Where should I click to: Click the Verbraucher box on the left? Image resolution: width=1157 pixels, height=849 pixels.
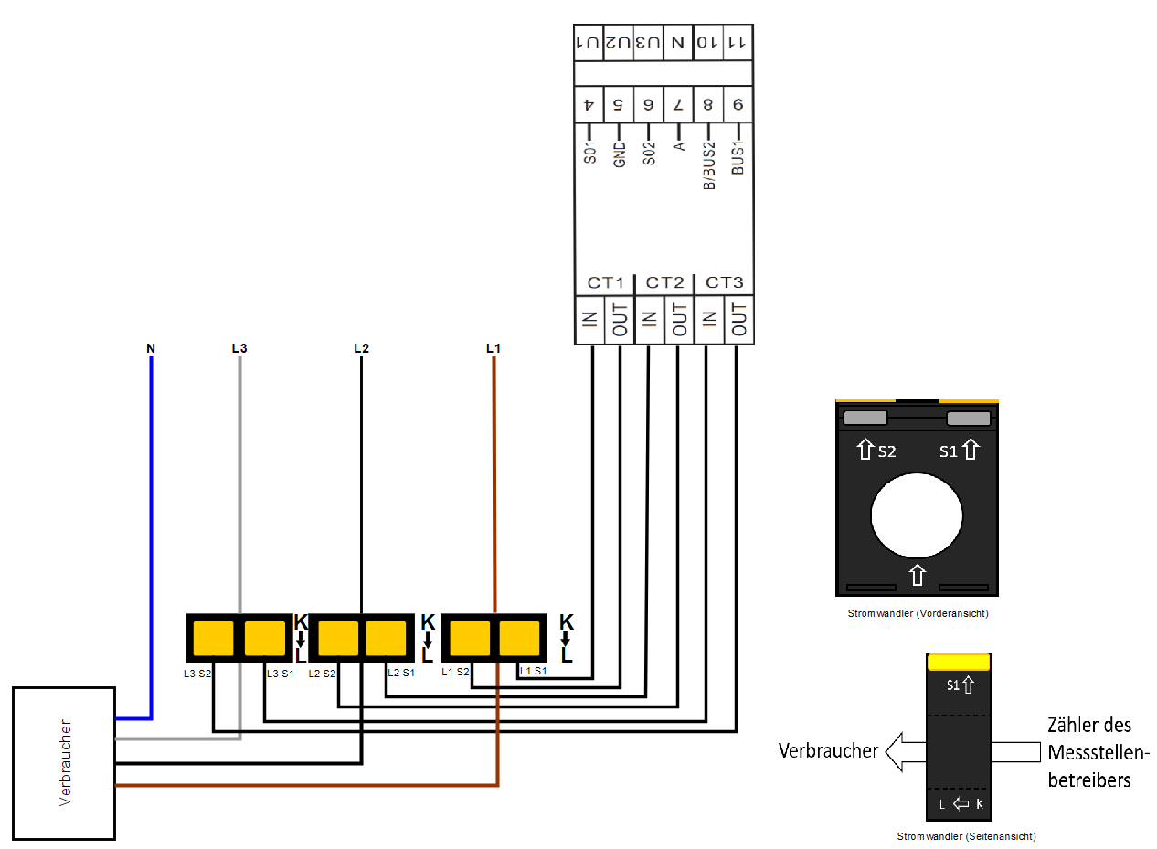63,763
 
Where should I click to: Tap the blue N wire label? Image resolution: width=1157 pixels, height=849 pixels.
151,348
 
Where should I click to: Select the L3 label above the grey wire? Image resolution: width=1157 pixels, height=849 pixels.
239,348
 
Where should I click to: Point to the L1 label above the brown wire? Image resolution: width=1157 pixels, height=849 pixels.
494,348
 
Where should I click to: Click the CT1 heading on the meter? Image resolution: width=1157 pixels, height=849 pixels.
604,282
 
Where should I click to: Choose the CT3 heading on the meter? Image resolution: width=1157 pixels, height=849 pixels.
725,282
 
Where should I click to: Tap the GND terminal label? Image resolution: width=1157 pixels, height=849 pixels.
619,154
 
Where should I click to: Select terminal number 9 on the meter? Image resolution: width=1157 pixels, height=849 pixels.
738,105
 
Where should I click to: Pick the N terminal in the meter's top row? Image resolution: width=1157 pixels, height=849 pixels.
677,43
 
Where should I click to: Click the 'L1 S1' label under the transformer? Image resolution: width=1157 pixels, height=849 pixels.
533,672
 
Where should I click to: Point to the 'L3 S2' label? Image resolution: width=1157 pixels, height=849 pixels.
197,674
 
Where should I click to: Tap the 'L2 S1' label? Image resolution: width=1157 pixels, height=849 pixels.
400,674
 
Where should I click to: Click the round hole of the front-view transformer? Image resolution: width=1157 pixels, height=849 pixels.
917,515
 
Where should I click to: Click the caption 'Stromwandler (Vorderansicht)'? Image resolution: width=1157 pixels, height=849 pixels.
918,614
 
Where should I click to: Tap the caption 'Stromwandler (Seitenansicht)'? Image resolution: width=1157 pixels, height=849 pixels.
966,836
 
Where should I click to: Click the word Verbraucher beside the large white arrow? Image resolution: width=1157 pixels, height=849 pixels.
828,751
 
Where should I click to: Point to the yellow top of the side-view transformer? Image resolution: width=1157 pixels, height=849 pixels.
959,662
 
